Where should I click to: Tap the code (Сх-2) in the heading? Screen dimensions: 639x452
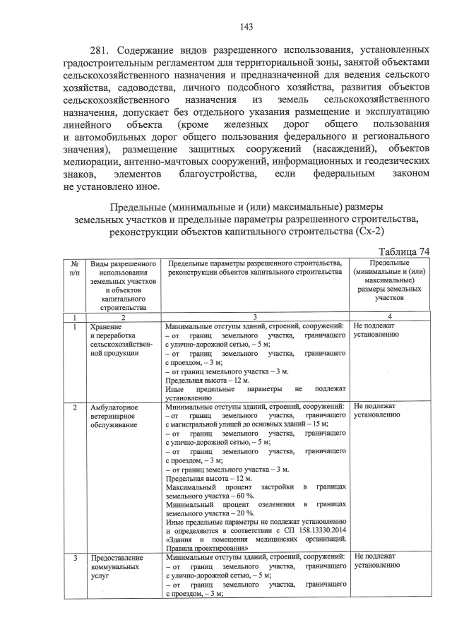pyautogui.click(x=375, y=232)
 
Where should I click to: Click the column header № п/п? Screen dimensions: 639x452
pyautogui.click(x=74, y=268)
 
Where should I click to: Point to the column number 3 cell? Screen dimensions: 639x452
pyautogui.click(x=255, y=317)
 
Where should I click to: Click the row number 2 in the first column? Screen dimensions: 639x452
pyautogui.click(x=74, y=407)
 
